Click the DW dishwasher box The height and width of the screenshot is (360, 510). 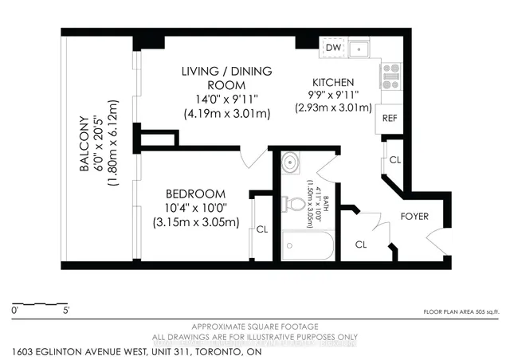click(335, 48)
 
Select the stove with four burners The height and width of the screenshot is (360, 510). click(390, 76)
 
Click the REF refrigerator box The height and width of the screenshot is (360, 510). click(390, 117)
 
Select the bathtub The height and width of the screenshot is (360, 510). click(308, 245)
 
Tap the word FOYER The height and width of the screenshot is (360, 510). click(414, 217)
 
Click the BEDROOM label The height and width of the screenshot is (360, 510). click(195, 194)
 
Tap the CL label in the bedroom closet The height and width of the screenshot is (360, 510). click(262, 229)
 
